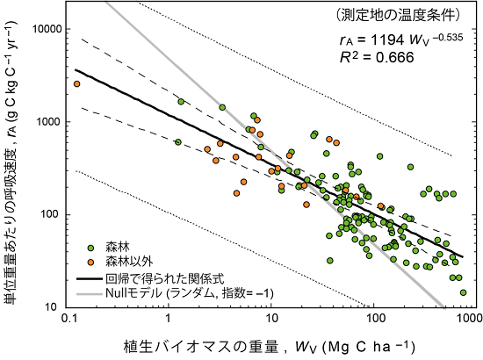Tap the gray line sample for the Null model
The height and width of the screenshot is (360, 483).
pyautogui.click(x=98, y=292)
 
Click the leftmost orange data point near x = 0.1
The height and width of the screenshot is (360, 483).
pyautogui.click(x=76, y=84)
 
